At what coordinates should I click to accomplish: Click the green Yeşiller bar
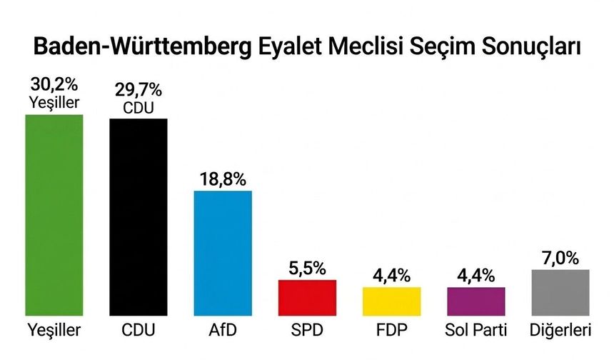click(54, 214)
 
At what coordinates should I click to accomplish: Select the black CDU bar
click(139, 216)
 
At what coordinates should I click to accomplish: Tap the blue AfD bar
click(223, 253)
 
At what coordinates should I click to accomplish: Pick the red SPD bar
click(307, 297)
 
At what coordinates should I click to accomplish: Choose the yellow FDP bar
click(391, 301)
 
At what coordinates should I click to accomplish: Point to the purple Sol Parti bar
click(475, 301)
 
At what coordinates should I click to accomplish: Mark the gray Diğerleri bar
click(560, 292)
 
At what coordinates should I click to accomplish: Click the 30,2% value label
click(54, 86)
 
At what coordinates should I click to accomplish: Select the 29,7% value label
click(139, 91)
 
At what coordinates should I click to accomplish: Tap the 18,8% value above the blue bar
click(223, 178)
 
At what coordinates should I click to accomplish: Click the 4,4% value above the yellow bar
click(391, 275)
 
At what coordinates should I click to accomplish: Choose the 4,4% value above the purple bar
click(475, 275)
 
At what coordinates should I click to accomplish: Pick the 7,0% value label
click(560, 257)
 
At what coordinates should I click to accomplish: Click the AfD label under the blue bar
click(223, 331)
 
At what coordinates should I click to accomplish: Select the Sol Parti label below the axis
click(475, 331)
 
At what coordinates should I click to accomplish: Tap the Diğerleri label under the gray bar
click(560, 331)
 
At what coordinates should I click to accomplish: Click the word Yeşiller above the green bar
click(54, 104)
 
